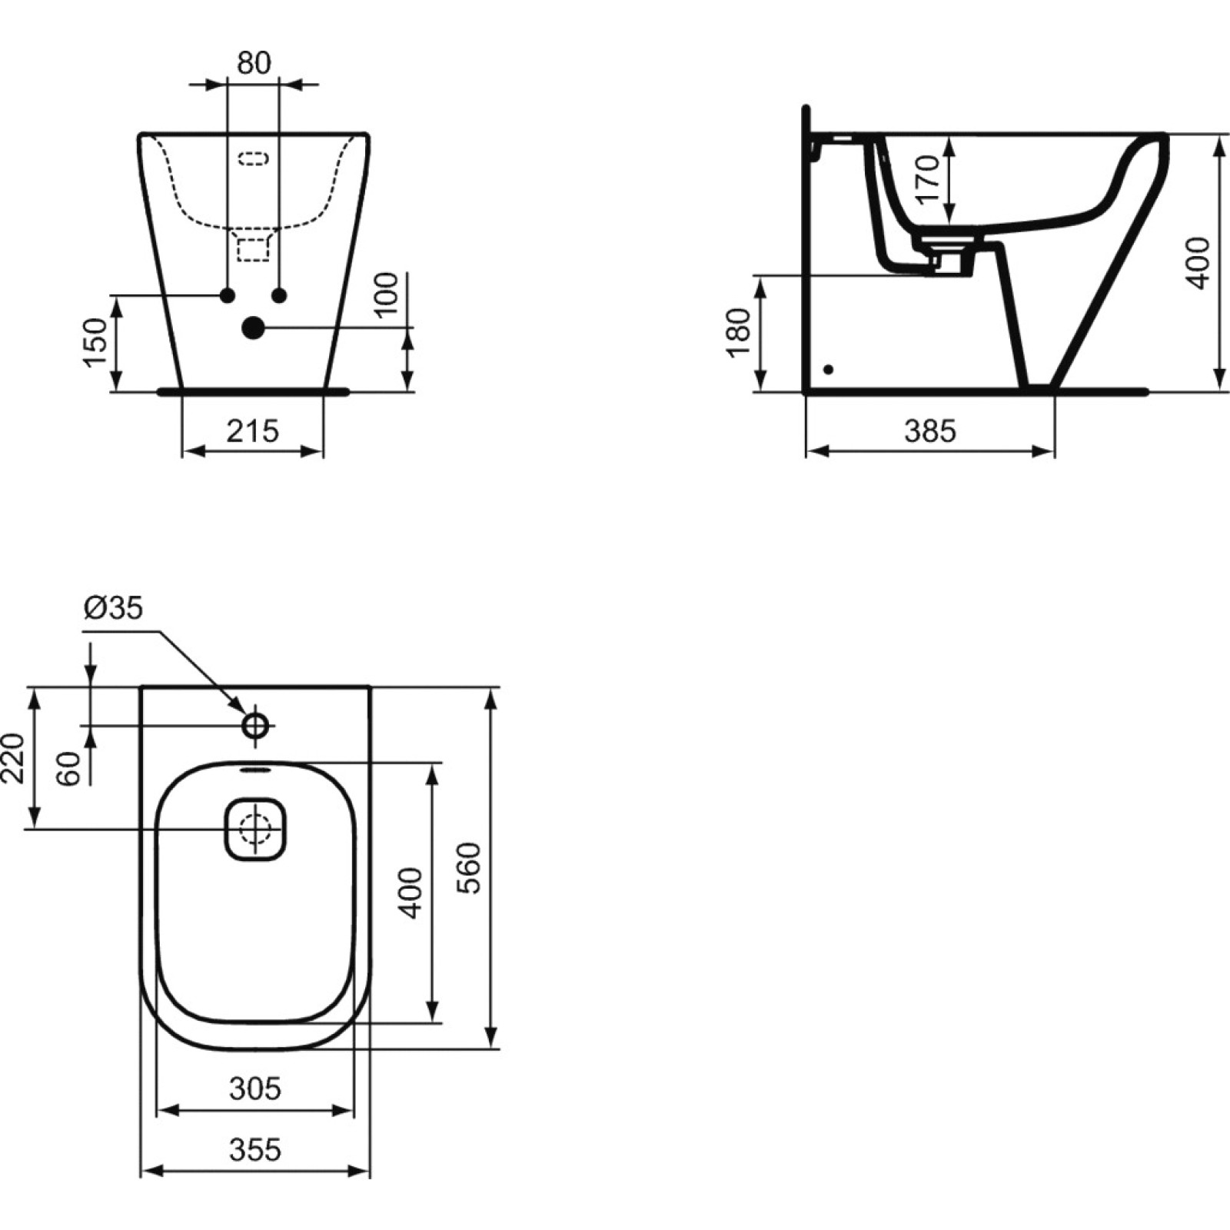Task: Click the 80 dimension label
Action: point(254,63)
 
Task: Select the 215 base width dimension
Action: point(253,431)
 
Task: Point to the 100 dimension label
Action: point(387,293)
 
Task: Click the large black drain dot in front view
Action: point(253,328)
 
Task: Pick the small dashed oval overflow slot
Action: point(254,158)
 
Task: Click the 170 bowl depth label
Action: point(929,179)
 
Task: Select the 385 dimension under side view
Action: point(930,431)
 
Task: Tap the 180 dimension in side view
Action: point(739,333)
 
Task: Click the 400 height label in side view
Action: point(1198,264)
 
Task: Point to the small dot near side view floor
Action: point(828,370)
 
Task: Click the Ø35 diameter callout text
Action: point(113,609)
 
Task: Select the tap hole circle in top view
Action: point(255,724)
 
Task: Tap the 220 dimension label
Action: point(14,758)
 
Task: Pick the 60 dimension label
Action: point(69,769)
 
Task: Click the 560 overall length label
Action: point(468,868)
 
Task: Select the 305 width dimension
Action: point(255,1089)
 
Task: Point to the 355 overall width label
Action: point(255,1150)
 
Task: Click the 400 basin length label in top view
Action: point(412,893)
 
